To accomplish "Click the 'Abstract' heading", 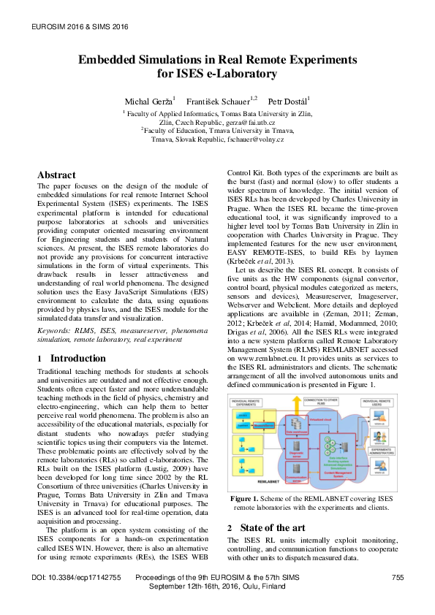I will [56, 175].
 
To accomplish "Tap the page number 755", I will [397, 578].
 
